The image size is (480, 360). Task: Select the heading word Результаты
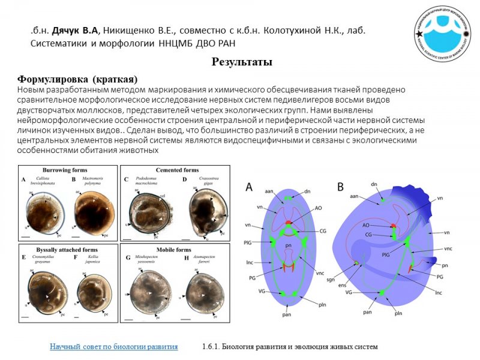point(242,62)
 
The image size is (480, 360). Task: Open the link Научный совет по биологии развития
point(113,346)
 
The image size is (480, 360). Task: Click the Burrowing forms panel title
point(65,170)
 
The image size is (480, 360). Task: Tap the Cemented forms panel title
point(177,170)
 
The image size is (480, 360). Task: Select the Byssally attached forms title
point(65,249)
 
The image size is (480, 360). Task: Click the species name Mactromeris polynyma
point(94,182)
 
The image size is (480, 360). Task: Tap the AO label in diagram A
point(318,208)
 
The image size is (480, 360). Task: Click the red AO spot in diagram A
point(289,223)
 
